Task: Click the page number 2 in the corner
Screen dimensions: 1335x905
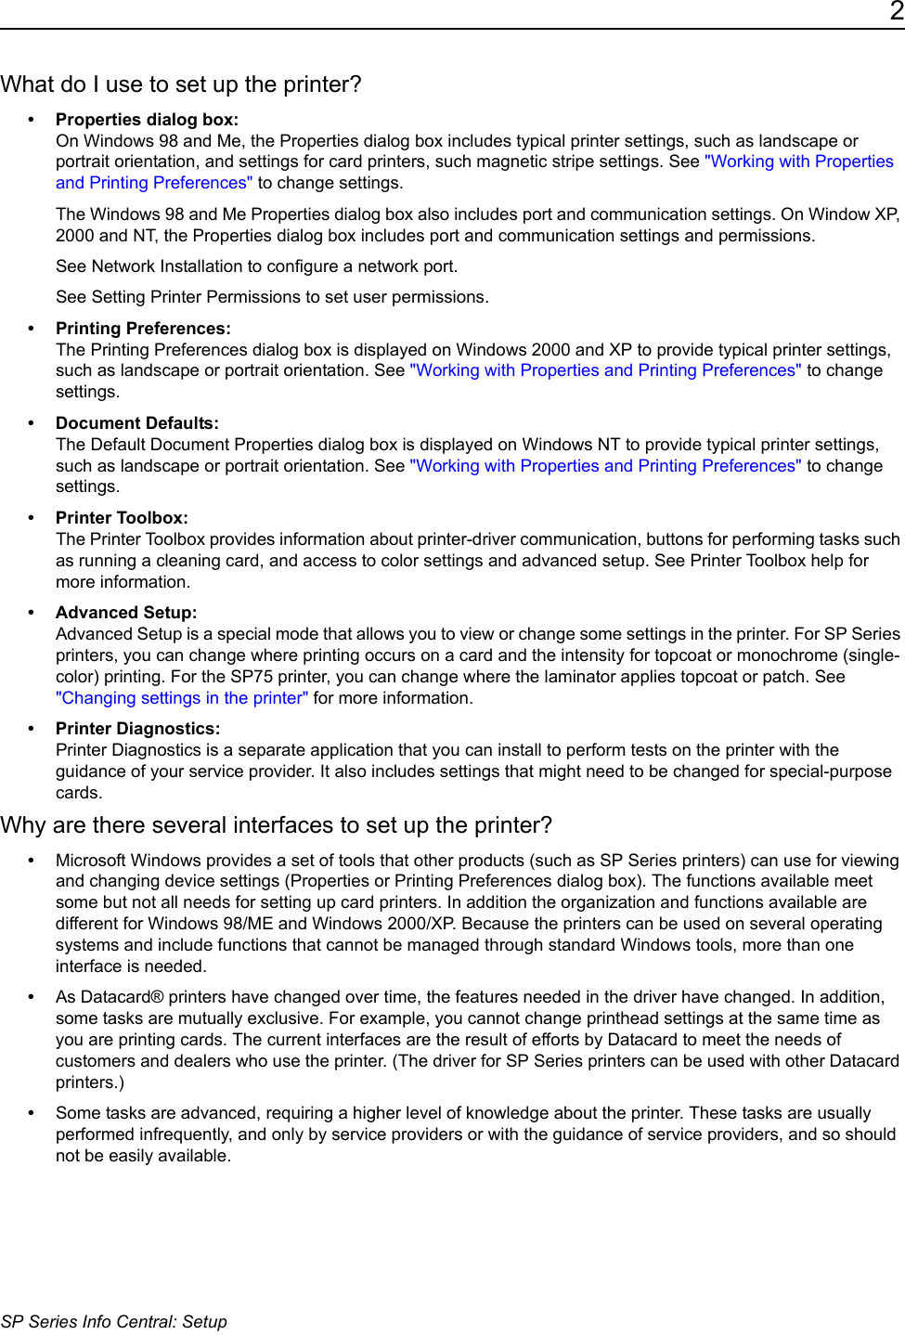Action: (x=896, y=11)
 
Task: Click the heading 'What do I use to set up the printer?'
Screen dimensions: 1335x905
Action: (x=181, y=84)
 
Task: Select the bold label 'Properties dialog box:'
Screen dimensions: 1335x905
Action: (x=147, y=120)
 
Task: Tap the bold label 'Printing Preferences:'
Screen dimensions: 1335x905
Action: (x=143, y=329)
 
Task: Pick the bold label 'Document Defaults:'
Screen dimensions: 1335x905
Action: (x=137, y=423)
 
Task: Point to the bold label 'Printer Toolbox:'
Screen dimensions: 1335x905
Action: (x=122, y=518)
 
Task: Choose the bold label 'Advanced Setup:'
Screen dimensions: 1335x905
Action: (x=126, y=613)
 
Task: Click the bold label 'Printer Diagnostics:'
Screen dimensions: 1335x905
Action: (x=138, y=729)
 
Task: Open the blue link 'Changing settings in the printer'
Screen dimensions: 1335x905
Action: (x=182, y=698)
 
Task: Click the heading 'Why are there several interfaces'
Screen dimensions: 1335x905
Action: (x=277, y=825)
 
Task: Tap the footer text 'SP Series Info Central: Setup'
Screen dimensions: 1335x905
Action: (x=114, y=1322)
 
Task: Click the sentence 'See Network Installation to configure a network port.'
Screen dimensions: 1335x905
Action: (x=256, y=266)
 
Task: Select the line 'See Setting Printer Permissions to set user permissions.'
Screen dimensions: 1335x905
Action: (x=272, y=297)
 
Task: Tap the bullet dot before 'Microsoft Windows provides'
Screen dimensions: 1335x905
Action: (x=32, y=861)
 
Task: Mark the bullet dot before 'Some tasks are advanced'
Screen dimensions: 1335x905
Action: (x=32, y=1113)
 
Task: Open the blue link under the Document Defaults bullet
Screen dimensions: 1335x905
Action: (x=605, y=466)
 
